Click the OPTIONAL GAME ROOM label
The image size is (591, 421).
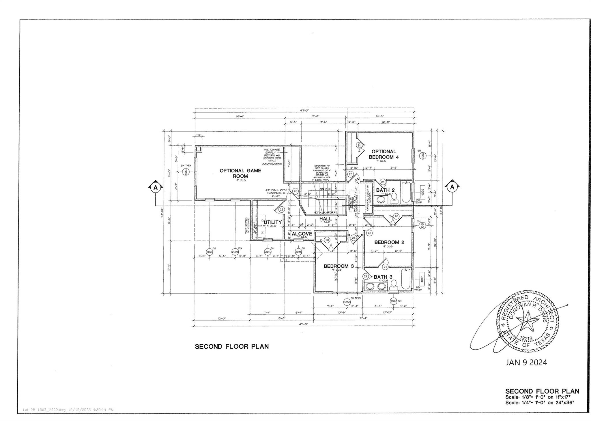(240, 173)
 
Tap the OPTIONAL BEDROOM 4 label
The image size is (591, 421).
(384, 154)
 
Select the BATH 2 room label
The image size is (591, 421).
(385, 190)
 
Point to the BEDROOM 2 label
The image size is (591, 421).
(389, 242)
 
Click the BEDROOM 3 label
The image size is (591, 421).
(338, 266)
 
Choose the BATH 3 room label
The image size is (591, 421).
(383, 277)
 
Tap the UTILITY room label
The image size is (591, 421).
(272, 222)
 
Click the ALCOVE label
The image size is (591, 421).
(302, 234)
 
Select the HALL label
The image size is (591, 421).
(325, 219)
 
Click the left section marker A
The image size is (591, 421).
(156, 188)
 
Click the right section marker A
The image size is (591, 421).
(452, 187)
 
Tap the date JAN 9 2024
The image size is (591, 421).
(526, 362)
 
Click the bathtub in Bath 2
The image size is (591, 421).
(405, 192)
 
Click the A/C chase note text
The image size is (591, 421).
(272, 157)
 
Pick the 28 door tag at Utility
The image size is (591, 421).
(282, 209)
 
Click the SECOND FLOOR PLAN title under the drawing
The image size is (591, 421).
(231, 346)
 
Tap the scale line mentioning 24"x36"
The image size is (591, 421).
(539, 403)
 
